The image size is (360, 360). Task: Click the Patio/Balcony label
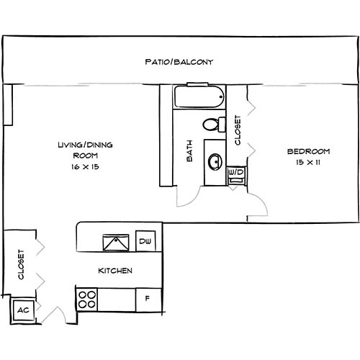tap(179, 61)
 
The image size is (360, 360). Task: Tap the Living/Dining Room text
tap(85, 150)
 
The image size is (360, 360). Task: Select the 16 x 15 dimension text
tap(85, 166)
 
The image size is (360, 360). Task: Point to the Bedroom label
tap(308, 151)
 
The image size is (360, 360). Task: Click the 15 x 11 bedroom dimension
tap(308, 162)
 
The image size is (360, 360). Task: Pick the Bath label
tap(190, 153)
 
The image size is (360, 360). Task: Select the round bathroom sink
tap(214, 161)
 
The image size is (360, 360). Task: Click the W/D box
tap(235, 173)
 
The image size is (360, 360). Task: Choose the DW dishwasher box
tap(145, 241)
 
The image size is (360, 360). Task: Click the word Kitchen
tap(115, 271)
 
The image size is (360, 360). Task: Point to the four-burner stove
tap(88, 298)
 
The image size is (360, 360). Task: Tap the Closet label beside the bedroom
tap(238, 131)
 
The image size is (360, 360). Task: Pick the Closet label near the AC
tap(22, 265)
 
